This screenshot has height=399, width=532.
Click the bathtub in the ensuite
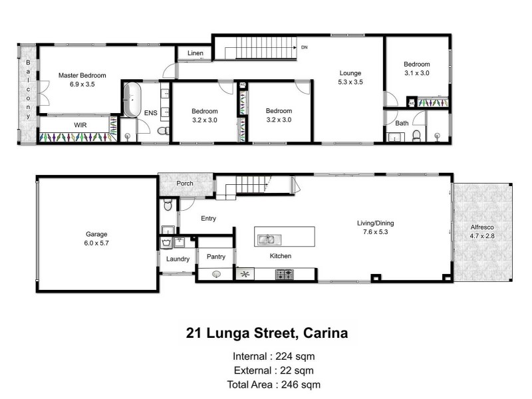[x=130, y=100]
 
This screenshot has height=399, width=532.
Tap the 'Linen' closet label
[x=195, y=53]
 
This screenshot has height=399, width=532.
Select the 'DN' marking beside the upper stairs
[x=305, y=48]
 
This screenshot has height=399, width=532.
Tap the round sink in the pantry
[x=216, y=273]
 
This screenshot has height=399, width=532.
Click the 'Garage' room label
[x=96, y=234]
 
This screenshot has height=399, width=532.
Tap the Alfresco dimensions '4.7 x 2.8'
[x=482, y=236]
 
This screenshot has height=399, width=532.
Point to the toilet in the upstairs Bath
[x=416, y=135]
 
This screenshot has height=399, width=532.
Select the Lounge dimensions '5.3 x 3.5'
[x=350, y=83]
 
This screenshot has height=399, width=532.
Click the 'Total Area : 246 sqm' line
[x=274, y=384]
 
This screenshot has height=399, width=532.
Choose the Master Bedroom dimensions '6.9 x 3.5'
[x=82, y=85]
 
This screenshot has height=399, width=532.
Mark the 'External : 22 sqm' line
[x=274, y=370]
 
